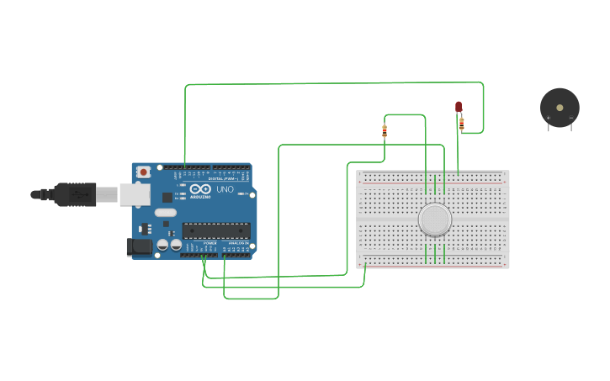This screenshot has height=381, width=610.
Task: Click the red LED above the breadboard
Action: [459, 107]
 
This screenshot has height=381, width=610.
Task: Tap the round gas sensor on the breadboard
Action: [434, 220]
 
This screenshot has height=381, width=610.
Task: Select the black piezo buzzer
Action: [560, 108]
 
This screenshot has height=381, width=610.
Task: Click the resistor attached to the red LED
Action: [461, 124]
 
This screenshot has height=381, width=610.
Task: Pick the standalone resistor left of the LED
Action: [385, 130]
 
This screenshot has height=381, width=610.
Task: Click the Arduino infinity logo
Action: [200, 189]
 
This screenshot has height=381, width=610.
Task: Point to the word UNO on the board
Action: [225, 189]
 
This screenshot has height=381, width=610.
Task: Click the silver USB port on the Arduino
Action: [134, 195]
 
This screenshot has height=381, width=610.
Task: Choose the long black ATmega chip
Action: [216, 230]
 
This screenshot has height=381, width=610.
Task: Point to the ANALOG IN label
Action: [238, 243]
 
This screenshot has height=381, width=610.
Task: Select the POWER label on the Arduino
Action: [210, 243]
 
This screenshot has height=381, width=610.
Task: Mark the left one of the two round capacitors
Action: [163, 245]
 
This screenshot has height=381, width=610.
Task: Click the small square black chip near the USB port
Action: [167, 197]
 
